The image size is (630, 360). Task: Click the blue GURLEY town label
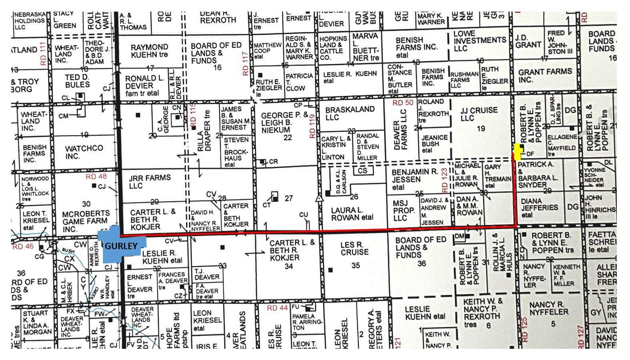click(121, 246)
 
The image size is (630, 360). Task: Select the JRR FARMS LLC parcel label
click(150, 182)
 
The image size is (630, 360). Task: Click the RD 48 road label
click(96, 176)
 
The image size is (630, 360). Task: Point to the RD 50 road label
click(403, 103)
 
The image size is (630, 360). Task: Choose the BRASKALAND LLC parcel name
click(350, 113)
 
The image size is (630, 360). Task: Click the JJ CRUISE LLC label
click(479, 114)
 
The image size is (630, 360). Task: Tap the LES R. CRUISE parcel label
click(354, 248)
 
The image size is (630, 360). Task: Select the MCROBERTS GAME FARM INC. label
click(85, 221)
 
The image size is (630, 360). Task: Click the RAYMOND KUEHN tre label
click(149, 51)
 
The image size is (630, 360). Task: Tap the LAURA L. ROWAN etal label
click(352, 214)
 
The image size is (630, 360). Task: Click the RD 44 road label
click(277, 308)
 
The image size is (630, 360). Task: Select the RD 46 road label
click(23, 246)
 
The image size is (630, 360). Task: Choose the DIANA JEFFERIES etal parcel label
click(539, 208)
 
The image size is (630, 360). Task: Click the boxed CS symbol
click(362, 171)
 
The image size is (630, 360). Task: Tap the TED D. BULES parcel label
click(77, 81)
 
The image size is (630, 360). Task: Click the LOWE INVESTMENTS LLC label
click(479, 40)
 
